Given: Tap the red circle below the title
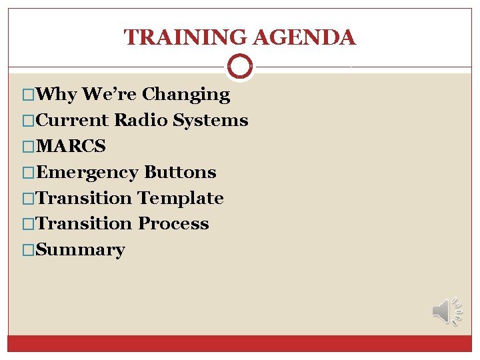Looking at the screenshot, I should (240, 66).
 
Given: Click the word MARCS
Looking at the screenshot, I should (71, 146).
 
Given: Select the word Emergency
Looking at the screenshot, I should (87, 173).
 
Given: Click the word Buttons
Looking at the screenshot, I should (180, 172).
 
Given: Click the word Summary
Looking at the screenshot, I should (80, 250).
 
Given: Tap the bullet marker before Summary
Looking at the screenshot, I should (27, 250).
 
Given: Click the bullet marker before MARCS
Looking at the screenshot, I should (27, 146).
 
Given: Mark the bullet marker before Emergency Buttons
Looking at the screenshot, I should (27, 173).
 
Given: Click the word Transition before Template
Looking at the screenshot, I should (85, 198).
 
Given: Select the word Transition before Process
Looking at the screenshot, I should (85, 224).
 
